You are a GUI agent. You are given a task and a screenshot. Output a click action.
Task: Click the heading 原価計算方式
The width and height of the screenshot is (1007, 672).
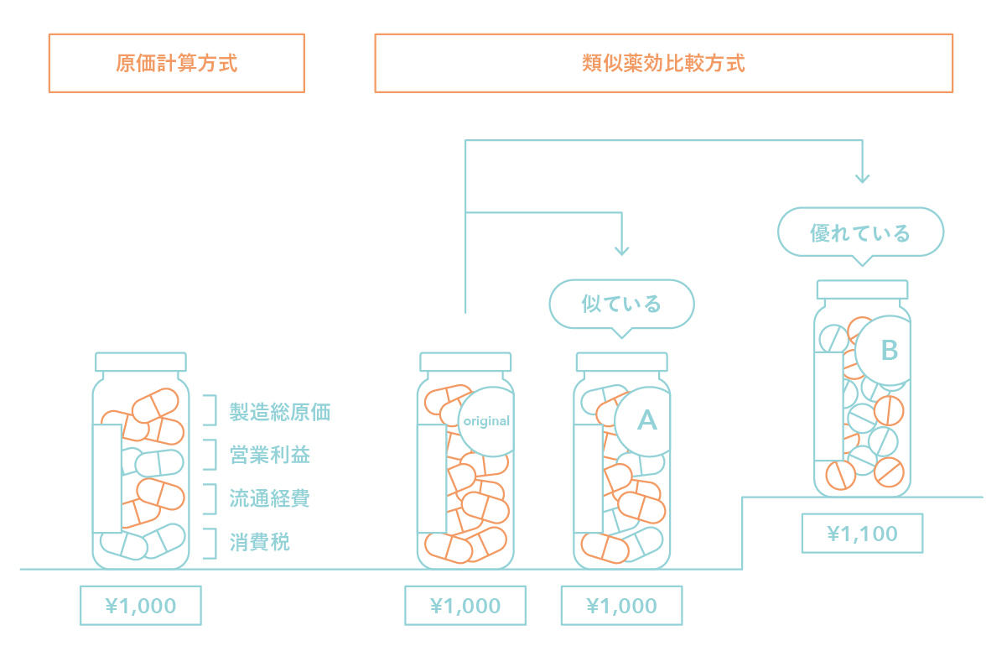pyautogui.click(x=177, y=64)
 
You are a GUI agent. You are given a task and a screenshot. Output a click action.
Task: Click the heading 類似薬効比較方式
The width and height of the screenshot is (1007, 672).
pyautogui.click(x=663, y=64)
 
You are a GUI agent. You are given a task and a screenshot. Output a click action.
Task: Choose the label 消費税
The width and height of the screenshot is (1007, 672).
pyautogui.click(x=260, y=543)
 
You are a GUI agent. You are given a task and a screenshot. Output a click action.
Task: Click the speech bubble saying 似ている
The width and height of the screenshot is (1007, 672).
pyautogui.click(x=621, y=304)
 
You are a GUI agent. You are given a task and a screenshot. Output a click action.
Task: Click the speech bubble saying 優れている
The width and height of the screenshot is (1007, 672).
pyautogui.click(x=860, y=232)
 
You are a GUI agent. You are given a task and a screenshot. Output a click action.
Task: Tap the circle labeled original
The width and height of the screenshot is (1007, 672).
pyautogui.click(x=487, y=421)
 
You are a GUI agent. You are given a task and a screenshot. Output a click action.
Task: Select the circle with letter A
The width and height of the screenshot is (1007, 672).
pyautogui.click(x=646, y=420)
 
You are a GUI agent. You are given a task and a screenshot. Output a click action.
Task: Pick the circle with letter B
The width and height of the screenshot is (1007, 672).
pyautogui.click(x=888, y=351)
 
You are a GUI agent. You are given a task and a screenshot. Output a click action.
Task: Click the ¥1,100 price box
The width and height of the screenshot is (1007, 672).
pyautogui.click(x=862, y=534)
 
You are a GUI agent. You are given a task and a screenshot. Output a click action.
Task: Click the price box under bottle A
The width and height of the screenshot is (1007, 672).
pyautogui.click(x=621, y=606)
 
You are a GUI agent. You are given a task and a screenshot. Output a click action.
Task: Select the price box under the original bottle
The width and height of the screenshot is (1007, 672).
pyautogui.click(x=465, y=606)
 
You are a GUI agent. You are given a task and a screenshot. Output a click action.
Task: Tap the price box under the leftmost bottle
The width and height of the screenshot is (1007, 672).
pyautogui.click(x=141, y=606)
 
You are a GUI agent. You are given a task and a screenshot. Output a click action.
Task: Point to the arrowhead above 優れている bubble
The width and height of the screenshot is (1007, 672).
pyautogui.click(x=862, y=178)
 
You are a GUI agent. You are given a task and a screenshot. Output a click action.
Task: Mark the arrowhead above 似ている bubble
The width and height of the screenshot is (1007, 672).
pyautogui.click(x=621, y=249)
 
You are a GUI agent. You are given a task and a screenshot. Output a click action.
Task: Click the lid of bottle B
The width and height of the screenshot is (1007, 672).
pyautogui.click(x=862, y=289)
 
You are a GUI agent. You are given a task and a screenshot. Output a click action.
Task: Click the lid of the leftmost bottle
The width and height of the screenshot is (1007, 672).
pyautogui.click(x=141, y=362)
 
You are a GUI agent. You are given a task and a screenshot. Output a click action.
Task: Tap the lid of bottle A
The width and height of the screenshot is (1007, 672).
pyautogui.click(x=621, y=362)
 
